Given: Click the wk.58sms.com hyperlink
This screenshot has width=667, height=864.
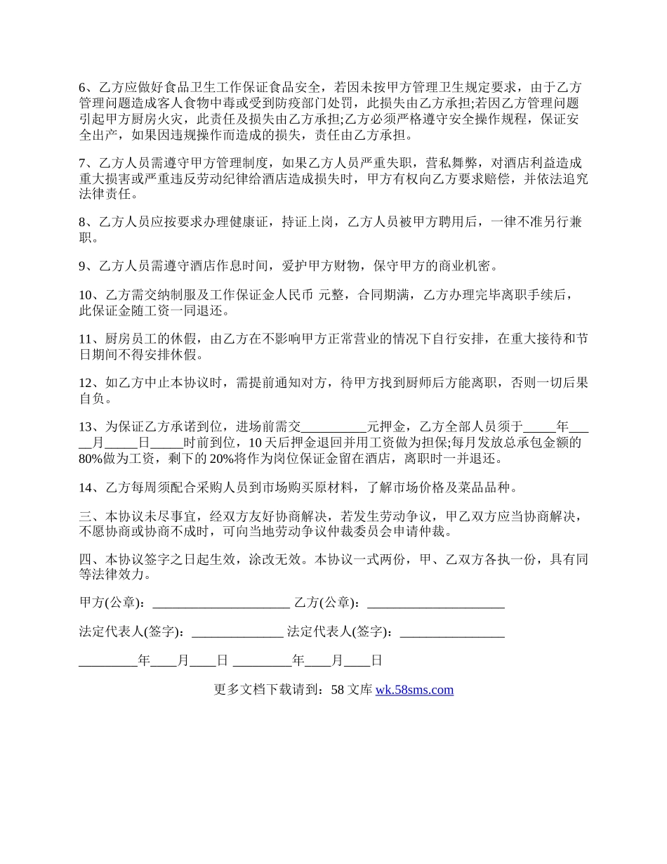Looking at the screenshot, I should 414,690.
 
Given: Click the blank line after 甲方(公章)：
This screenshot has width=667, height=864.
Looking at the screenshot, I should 220,603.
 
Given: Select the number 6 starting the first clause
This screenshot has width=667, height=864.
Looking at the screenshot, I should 82,88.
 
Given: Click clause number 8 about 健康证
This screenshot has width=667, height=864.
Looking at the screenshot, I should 82,223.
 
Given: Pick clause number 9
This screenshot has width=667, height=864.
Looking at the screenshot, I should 82,266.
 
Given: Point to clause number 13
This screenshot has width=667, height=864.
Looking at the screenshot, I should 86,426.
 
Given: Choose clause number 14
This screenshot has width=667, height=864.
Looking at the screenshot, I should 86,487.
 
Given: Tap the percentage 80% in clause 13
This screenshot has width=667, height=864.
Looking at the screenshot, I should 91,459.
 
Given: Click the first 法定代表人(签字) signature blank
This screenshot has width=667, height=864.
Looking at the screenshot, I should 237,632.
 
